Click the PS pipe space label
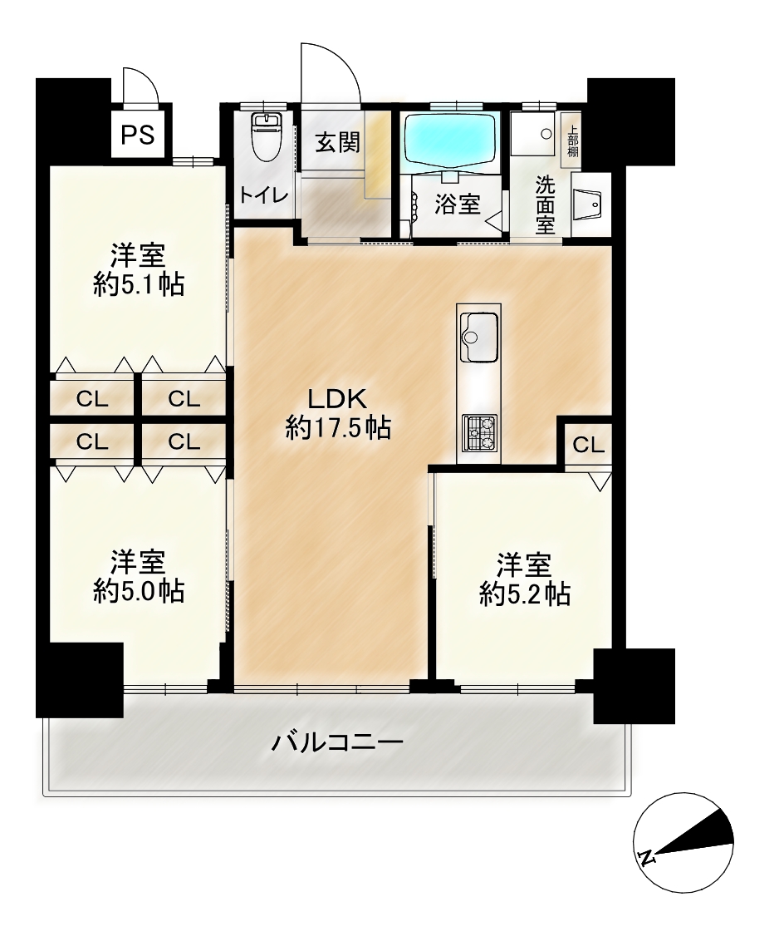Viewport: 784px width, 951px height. click(138, 135)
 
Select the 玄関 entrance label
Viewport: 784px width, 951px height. click(337, 142)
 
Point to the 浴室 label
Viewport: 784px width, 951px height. click(458, 204)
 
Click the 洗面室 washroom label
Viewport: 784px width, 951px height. click(546, 204)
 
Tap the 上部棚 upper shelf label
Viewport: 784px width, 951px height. click(572, 140)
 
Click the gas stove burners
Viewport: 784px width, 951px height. click(478, 432)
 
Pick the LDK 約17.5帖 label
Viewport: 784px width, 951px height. click(337, 414)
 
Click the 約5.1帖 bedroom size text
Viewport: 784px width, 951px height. click(139, 284)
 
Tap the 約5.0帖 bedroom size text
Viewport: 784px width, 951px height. click(139, 591)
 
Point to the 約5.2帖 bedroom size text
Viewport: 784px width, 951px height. click(525, 594)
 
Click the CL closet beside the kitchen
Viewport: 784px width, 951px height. click(588, 446)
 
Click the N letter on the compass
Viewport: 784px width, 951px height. click(647, 857)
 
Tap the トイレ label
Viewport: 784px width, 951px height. click(262, 196)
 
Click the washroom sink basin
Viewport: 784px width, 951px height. click(587, 202)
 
